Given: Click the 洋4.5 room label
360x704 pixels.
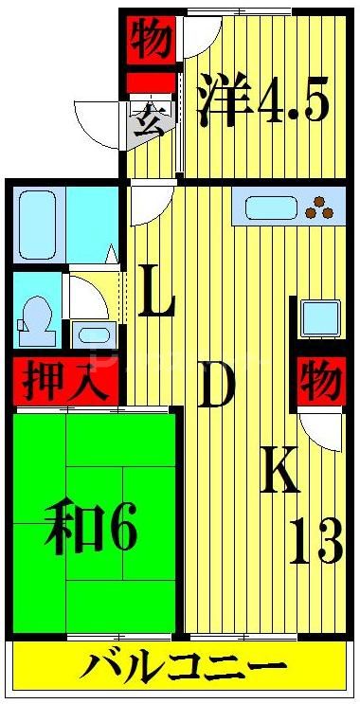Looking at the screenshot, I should (263, 101).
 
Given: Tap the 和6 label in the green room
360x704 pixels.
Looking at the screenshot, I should (90, 533).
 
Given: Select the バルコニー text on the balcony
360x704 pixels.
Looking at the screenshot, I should (183, 671).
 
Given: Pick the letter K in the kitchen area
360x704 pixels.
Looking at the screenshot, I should (280, 469).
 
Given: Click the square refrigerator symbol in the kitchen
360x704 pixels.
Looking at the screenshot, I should (320, 316).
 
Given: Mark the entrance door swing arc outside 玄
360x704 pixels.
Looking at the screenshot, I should (99, 118).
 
